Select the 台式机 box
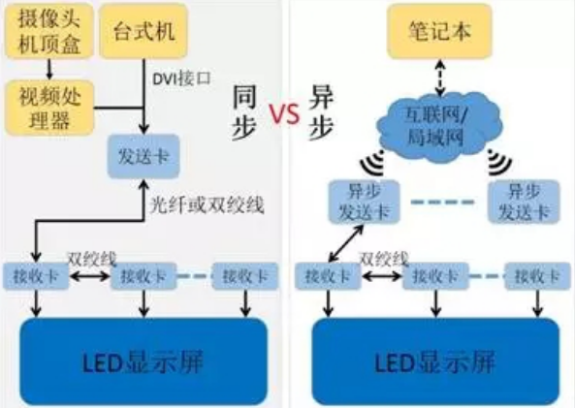click(143, 30)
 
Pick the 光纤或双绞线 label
click(193, 205)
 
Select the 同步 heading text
click(246, 114)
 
